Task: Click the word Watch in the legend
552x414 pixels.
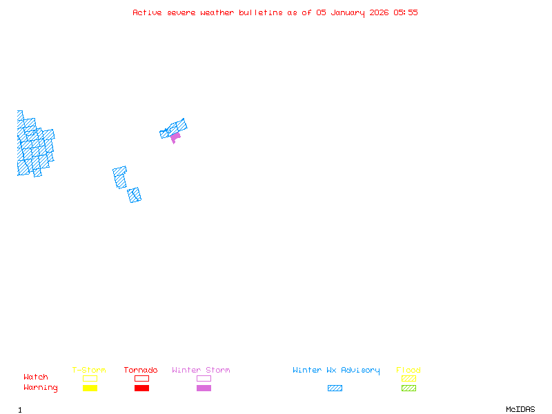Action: tap(36, 377)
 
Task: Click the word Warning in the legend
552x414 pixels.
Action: tap(41, 388)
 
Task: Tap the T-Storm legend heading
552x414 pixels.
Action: tap(89, 371)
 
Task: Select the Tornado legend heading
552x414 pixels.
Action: tap(141, 371)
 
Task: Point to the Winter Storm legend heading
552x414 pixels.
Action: tap(201, 371)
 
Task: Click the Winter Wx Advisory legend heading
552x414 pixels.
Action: tap(336, 371)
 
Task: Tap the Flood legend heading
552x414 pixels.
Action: tap(408, 371)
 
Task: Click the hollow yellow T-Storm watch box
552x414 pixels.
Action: tap(90, 378)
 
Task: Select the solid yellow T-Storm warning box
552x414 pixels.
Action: tap(90, 388)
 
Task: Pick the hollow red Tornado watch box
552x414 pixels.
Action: tap(141, 378)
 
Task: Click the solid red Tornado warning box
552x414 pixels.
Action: tap(141, 388)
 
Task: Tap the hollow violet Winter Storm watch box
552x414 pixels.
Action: tap(204, 378)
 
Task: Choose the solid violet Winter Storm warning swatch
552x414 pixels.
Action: tap(204, 388)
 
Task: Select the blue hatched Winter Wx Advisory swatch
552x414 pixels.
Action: tap(335, 388)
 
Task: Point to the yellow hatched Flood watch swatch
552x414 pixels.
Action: tap(408, 378)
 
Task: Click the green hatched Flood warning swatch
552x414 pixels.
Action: tap(408, 388)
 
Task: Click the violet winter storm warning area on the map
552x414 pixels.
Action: tap(175, 137)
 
